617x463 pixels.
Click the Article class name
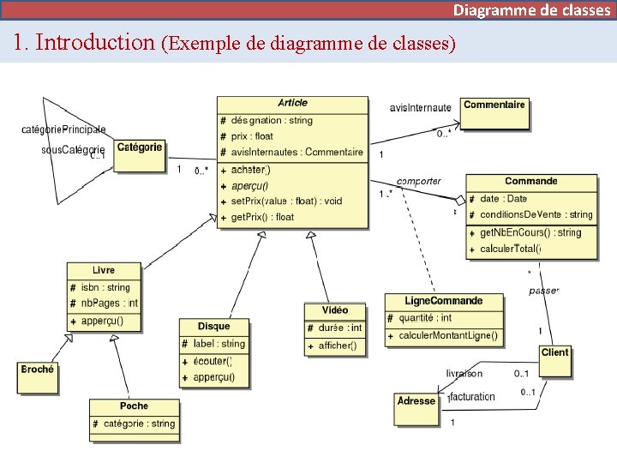(x=293, y=103)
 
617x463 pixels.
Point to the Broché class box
(x=38, y=377)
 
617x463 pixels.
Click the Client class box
(x=554, y=361)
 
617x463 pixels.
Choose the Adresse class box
(x=416, y=410)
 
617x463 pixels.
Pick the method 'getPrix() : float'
(x=262, y=217)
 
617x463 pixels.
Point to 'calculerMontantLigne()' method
(x=447, y=335)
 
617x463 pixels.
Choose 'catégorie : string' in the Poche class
(x=139, y=424)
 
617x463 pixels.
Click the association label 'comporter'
(x=419, y=181)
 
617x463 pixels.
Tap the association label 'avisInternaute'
(x=420, y=108)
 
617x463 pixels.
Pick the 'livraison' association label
(x=464, y=374)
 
